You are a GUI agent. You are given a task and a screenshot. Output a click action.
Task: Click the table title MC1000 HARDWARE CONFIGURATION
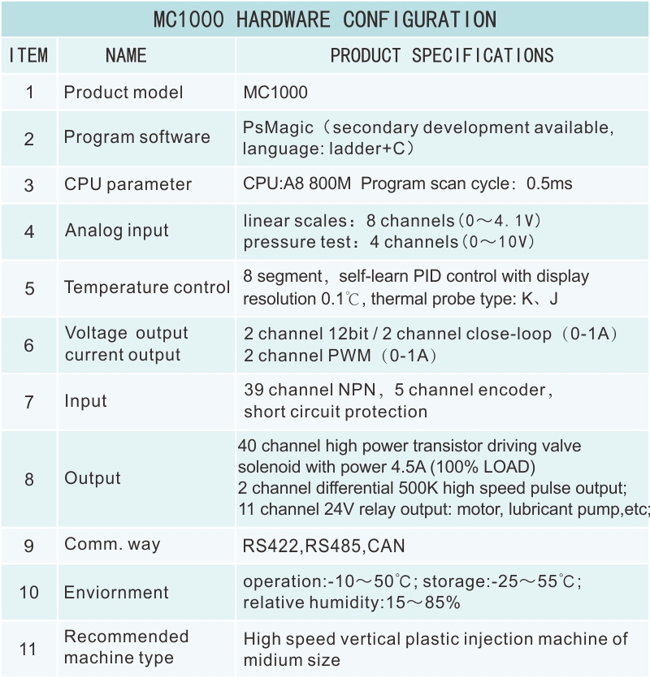pyautogui.click(x=324, y=19)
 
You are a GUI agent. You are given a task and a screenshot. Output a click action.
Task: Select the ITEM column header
pyautogui.click(x=28, y=55)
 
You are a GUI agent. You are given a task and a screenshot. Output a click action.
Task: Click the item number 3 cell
pyautogui.click(x=29, y=185)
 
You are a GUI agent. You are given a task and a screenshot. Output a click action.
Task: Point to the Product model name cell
pyautogui.click(x=123, y=93)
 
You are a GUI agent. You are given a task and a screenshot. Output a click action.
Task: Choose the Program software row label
pyautogui.click(x=136, y=137)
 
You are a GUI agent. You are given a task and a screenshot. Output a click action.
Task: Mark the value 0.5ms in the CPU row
pyautogui.click(x=549, y=184)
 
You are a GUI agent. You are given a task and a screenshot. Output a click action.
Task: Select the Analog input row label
pyautogui.click(x=117, y=231)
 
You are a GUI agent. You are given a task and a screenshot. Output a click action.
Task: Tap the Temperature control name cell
pyautogui.click(x=147, y=287)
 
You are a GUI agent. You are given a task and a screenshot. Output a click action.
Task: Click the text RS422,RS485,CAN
pyautogui.click(x=323, y=546)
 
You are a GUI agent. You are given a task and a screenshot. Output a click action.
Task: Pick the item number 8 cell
pyautogui.click(x=29, y=479)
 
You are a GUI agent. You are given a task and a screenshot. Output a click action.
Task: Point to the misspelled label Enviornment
pyautogui.click(x=116, y=592)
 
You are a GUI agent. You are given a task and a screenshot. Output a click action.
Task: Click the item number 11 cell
pyautogui.click(x=28, y=649)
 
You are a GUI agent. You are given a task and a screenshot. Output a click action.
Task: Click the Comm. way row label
pyautogui.click(x=112, y=545)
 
